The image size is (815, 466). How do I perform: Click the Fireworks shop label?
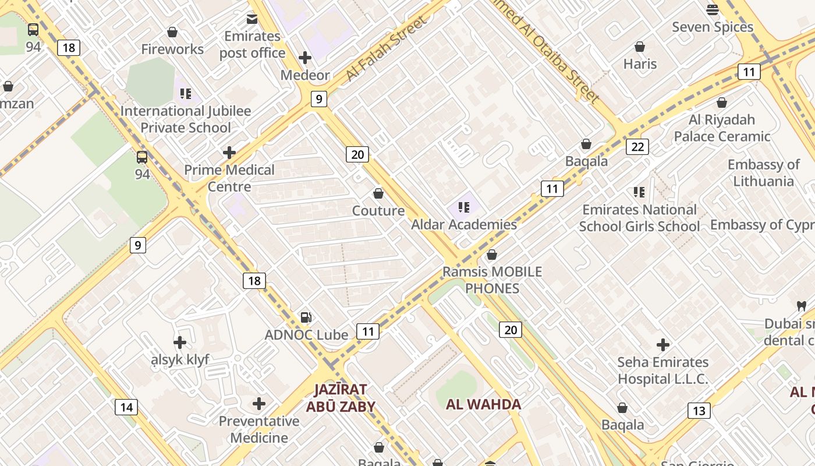tap(172, 50)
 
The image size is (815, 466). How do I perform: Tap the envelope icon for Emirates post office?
tap(252, 19)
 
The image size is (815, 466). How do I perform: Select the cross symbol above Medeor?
tap(305, 58)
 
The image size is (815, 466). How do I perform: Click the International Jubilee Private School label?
tap(186, 119)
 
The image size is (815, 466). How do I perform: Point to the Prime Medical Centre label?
tap(229, 178)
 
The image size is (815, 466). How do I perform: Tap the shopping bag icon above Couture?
tap(378, 193)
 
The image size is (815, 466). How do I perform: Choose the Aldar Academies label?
tap(464, 225)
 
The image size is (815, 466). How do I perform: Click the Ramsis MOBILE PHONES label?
tap(492, 280)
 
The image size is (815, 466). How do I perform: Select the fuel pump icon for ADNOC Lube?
tap(306, 317)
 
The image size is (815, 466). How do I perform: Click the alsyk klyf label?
tap(180, 360)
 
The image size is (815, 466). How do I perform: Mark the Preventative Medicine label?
tap(259, 429)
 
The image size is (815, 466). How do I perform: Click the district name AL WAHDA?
tap(483, 404)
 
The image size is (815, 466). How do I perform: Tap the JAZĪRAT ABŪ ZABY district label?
tap(341, 398)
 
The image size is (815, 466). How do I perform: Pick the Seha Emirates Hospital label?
tap(662, 370)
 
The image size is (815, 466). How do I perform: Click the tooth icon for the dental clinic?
tap(802, 306)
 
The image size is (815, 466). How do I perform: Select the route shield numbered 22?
tap(637, 147)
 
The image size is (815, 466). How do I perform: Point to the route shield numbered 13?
tap(699, 411)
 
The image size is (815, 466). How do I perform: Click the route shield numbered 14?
tap(126, 407)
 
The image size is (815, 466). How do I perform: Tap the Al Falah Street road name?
tap(385, 50)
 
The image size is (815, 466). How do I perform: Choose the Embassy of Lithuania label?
tap(763, 173)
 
